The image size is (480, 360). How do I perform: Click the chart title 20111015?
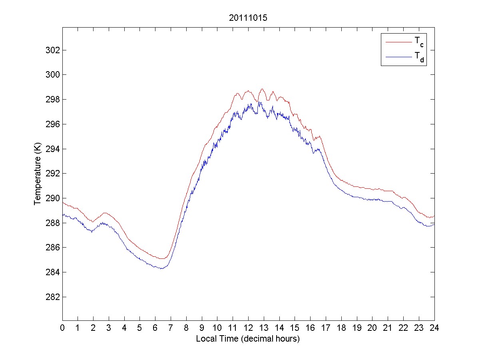pos(248,18)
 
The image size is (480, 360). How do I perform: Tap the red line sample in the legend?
pos(398,42)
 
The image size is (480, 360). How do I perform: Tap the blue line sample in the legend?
pos(398,58)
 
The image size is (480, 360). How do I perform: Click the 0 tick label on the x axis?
pos(62,327)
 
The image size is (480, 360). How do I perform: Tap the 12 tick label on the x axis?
pos(248,327)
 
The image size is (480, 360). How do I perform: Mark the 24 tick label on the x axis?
pos(434,327)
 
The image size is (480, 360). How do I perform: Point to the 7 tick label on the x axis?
pos(171,327)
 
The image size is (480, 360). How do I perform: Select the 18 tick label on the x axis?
pos(341,327)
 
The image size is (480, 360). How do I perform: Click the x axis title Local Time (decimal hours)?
pos(248,339)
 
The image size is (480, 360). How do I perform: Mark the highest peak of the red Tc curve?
pos(262,89)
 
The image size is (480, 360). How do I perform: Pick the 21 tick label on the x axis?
pos(388,327)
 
